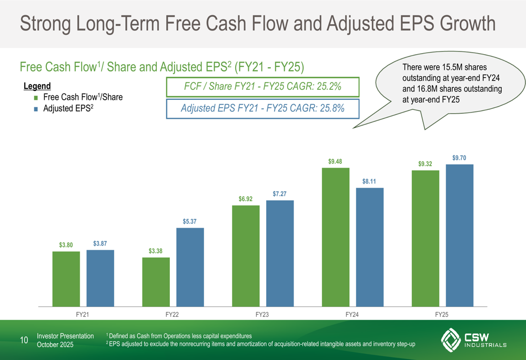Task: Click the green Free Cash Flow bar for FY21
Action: coord(66,279)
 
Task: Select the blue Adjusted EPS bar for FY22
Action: coord(190,267)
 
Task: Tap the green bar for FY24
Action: coord(335,237)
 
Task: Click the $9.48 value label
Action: coord(335,161)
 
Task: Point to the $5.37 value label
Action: coord(190,222)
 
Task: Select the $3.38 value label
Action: coord(156,251)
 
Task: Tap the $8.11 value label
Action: coord(369,182)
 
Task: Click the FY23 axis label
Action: coord(262,314)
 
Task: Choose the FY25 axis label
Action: coord(441,314)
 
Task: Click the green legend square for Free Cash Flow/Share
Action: coord(35,98)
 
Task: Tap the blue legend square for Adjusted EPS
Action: coord(35,109)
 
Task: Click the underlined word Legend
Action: coord(37,86)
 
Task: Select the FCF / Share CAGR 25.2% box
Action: coord(262,87)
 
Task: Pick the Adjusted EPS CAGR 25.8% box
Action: coord(262,109)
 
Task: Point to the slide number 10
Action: coord(24,340)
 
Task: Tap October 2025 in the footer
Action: coord(55,345)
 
